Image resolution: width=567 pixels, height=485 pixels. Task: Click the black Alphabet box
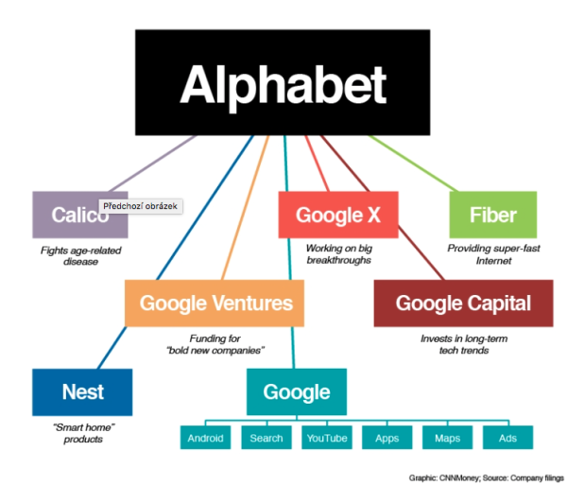click(x=283, y=82)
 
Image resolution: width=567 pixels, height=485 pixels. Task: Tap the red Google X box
click(x=338, y=215)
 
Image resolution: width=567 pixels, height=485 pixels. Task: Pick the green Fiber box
click(x=493, y=215)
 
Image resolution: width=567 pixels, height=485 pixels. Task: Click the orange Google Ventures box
click(x=215, y=303)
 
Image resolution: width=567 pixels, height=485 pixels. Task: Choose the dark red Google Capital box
click(x=464, y=303)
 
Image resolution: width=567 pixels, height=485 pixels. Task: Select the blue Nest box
click(x=82, y=392)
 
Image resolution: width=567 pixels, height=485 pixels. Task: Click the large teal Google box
click(x=297, y=392)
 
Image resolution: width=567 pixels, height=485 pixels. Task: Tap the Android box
click(x=205, y=438)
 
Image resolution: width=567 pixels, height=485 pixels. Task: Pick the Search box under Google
click(x=266, y=438)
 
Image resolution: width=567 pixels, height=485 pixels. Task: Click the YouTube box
click(x=327, y=438)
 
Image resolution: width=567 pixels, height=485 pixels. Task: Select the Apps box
click(x=387, y=438)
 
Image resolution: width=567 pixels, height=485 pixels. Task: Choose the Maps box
click(x=448, y=438)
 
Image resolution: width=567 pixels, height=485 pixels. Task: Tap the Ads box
click(x=508, y=438)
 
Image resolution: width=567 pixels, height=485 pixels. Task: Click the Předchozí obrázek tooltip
click(x=141, y=206)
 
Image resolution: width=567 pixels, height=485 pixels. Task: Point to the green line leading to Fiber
click(x=412, y=164)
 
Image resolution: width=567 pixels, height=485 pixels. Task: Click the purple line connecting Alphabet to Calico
click(x=152, y=164)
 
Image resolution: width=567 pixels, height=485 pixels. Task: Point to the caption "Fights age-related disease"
click(x=80, y=255)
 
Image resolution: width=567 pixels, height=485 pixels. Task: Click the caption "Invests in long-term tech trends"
click(x=464, y=344)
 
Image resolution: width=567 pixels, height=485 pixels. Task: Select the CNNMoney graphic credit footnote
click(x=486, y=478)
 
